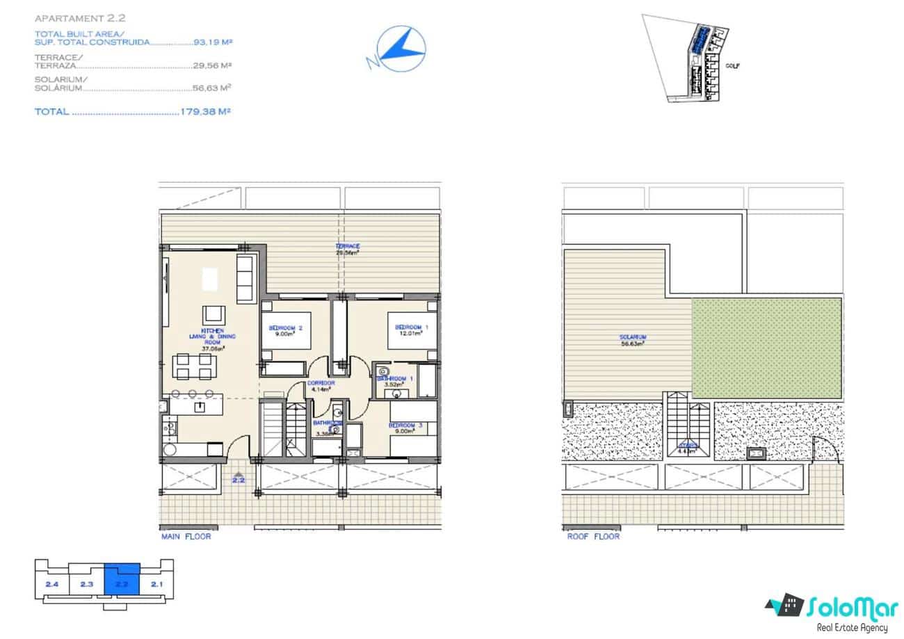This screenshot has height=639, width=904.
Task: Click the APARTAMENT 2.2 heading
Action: pyautogui.click(x=70, y=18)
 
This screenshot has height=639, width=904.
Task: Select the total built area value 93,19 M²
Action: pyautogui.click(x=213, y=42)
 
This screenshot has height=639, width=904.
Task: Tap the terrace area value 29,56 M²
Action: pyautogui.click(x=212, y=66)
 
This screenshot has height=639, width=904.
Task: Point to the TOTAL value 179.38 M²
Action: pyautogui.click(x=205, y=111)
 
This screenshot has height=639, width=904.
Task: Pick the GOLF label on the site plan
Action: pyautogui.click(x=732, y=66)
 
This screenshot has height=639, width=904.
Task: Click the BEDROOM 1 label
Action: pyautogui.click(x=412, y=327)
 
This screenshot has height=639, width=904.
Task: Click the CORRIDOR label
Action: pyautogui.click(x=321, y=383)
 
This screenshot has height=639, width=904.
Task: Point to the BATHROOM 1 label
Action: pyautogui.click(x=394, y=379)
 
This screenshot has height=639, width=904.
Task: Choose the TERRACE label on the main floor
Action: pyautogui.click(x=347, y=247)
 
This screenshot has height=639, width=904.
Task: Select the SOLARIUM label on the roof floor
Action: pyautogui.click(x=633, y=337)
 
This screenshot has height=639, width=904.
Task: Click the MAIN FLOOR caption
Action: pyautogui.click(x=186, y=537)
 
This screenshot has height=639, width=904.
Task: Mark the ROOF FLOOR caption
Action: pyautogui.click(x=593, y=537)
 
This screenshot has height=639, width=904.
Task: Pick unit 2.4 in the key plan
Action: pyautogui.click(x=51, y=584)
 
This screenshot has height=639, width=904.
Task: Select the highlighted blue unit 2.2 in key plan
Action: pyautogui.click(x=122, y=581)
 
